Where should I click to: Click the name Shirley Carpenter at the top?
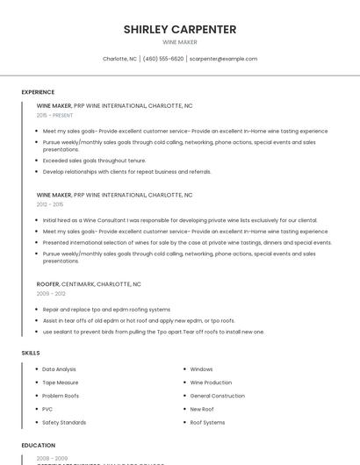tap(179, 29)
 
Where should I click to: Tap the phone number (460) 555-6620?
tap(163, 59)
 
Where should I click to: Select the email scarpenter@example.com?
tap(223, 59)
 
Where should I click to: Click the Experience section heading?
tap(38, 92)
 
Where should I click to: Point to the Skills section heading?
tap(31, 353)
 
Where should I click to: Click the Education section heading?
tap(39, 445)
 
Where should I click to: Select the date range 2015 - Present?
tap(54, 115)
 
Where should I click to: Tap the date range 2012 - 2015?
tap(49, 204)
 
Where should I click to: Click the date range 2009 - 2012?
tap(51, 294)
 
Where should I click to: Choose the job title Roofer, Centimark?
tap(89, 284)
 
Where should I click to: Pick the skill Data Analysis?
tap(60, 369)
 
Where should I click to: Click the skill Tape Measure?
tap(61, 383)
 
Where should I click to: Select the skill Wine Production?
tap(211, 383)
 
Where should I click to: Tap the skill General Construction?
tap(217, 396)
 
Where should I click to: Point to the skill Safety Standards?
tap(64, 422)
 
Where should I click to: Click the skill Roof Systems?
tap(207, 422)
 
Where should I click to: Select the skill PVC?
tap(47, 409)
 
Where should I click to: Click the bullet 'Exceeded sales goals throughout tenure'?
tap(94, 161)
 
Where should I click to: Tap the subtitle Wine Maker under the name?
tap(179, 42)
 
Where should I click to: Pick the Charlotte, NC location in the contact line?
tap(119, 59)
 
